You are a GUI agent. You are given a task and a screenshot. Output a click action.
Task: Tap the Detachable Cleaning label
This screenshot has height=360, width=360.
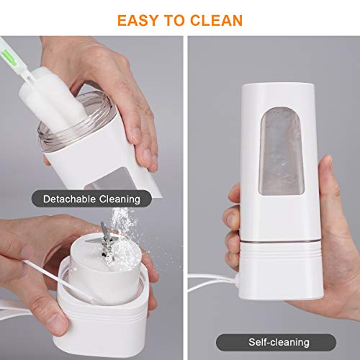tap(91, 197)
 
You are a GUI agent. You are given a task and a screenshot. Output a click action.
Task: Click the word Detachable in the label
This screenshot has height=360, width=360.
tap(70, 197)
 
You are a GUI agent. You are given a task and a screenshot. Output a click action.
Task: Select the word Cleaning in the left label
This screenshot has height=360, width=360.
tap(119, 197)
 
